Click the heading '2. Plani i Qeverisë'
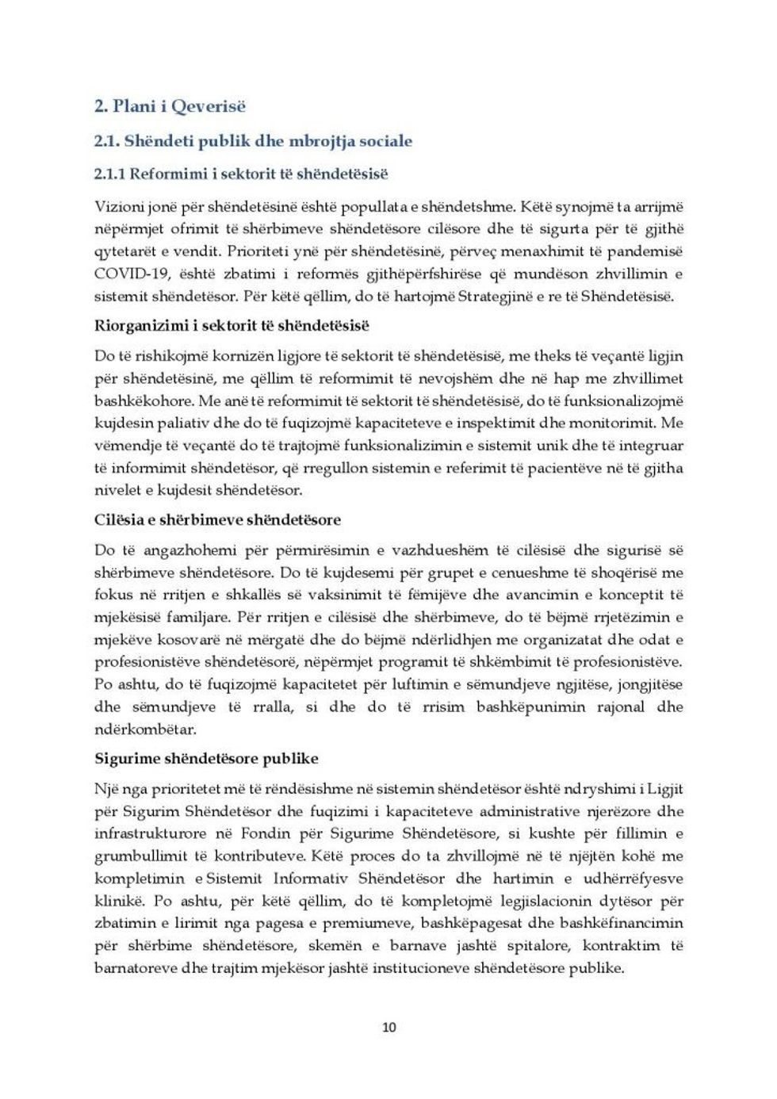click(170, 106)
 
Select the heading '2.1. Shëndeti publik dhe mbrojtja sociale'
click(253, 141)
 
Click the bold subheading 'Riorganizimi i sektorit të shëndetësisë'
click(232, 326)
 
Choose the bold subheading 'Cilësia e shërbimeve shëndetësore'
click(217, 520)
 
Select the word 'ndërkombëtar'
click(145, 729)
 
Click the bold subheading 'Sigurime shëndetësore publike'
click(206, 759)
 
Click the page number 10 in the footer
click(388, 1028)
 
